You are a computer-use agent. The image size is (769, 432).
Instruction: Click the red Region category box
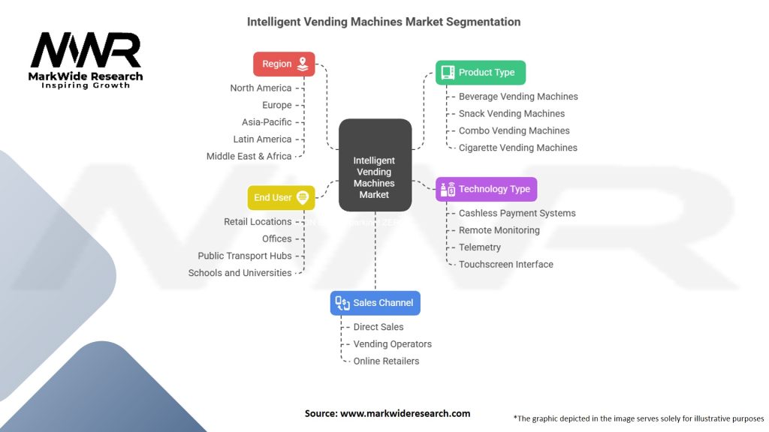(284, 64)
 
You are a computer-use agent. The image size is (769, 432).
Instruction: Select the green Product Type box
(481, 73)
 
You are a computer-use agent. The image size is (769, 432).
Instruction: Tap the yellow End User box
(281, 197)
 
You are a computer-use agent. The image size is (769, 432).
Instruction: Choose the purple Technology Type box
(487, 189)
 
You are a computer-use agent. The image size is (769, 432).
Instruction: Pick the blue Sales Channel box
(375, 303)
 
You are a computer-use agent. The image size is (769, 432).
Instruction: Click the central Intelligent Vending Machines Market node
(375, 165)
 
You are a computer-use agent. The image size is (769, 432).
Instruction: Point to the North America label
(261, 88)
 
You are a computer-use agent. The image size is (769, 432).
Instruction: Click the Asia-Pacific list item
(267, 122)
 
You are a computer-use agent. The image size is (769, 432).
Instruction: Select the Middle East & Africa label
(249, 156)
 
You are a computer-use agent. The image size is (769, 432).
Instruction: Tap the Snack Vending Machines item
(511, 114)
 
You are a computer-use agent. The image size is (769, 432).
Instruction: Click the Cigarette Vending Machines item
(518, 148)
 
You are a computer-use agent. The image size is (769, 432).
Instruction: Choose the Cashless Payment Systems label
(517, 213)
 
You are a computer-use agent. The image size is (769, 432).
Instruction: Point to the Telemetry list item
(480, 247)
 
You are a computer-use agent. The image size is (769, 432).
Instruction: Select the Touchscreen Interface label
(506, 264)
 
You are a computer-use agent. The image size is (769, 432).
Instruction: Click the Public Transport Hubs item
(245, 256)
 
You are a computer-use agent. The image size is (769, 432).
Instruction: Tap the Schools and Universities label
(240, 273)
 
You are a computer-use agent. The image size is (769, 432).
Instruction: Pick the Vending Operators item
(393, 344)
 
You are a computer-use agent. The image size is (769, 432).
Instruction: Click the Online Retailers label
(386, 361)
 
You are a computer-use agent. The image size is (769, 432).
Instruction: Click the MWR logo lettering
(85, 50)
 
